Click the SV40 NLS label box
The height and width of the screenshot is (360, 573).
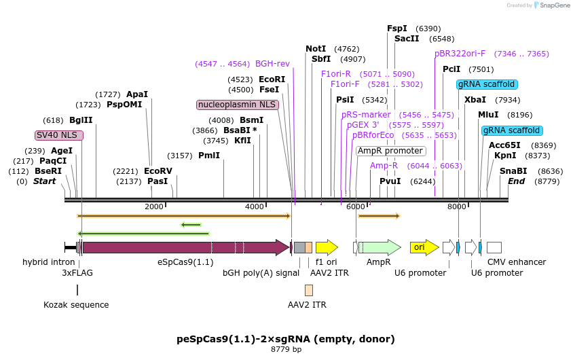[59, 135]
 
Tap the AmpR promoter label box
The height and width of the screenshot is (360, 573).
[390, 151]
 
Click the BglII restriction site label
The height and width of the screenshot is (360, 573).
[81, 120]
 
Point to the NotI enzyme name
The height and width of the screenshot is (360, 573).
[316, 49]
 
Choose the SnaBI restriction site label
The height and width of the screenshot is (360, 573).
[513, 171]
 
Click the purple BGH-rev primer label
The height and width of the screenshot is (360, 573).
[272, 64]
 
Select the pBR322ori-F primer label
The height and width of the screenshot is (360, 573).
[460, 54]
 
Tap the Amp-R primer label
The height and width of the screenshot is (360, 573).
[384, 166]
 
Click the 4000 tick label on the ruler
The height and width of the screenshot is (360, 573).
[254, 206]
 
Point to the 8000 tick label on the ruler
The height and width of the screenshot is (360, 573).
[456, 206]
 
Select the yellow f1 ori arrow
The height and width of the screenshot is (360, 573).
[327, 247]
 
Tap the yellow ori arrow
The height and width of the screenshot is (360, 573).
[420, 247]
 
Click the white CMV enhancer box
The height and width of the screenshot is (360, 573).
[494, 247]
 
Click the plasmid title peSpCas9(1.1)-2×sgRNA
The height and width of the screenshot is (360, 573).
[285, 338]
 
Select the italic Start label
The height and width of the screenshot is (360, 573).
[44, 181]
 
